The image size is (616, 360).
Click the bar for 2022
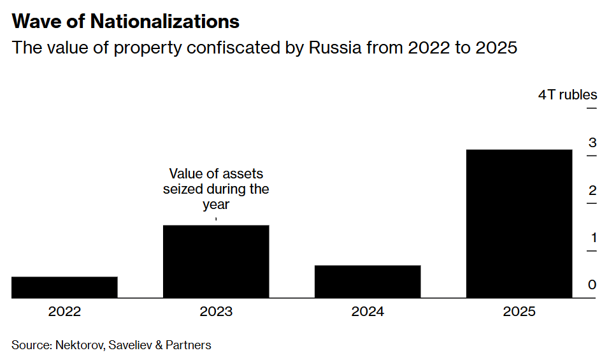tap(64, 287)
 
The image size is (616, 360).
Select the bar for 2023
tap(216, 261)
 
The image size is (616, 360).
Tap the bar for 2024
tap(368, 282)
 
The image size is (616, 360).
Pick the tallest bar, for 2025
tap(519, 224)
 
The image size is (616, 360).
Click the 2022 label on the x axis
tap(64, 312)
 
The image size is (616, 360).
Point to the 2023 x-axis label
tap(216, 312)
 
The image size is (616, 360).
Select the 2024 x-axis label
tap(368, 312)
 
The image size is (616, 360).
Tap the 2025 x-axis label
tap(519, 312)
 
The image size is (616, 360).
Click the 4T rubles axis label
tap(568, 95)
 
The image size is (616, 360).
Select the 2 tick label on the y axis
tap(592, 190)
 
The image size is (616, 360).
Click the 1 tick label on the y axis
tap(592, 238)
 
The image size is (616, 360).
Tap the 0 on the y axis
tap(592, 285)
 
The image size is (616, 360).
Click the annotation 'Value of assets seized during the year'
tap(216, 189)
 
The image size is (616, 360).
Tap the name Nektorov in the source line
tap(81, 345)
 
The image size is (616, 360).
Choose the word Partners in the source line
tap(189, 345)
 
